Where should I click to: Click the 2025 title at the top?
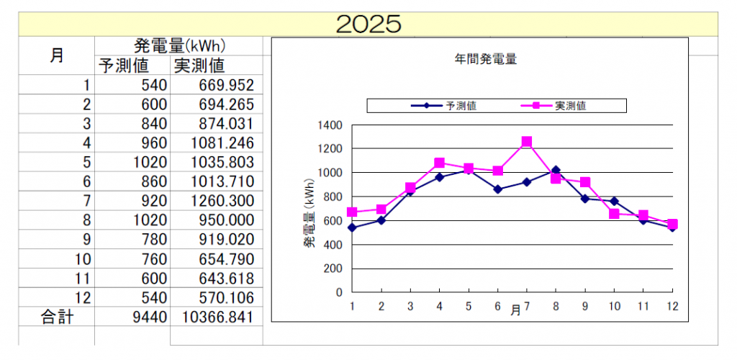click(x=368, y=23)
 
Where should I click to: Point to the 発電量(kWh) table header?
click(x=181, y=47)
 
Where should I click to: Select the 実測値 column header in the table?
click(x=199, y=66)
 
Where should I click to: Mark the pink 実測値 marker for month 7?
click(x=527, y=142)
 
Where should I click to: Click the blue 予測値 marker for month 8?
click(x=556, y=170)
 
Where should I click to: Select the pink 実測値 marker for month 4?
click(x=439, y=163)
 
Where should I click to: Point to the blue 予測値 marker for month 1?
click(x=352, y=228)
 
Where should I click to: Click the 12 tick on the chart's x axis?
click(x=672, y=306)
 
